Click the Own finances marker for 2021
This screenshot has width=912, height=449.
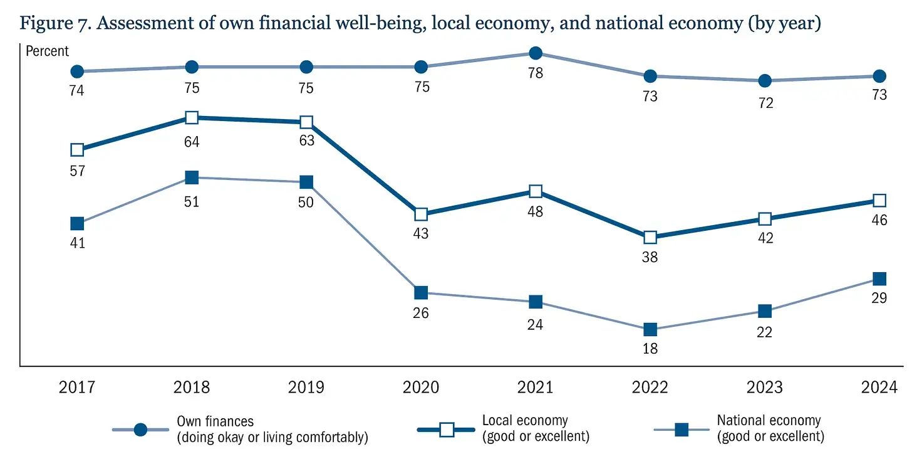pyautogui.click(x=536, y=53)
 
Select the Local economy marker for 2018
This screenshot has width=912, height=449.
pyautogui.click(x=192, y=118)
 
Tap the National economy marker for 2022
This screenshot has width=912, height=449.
pyautogui.click(x=650, y=330)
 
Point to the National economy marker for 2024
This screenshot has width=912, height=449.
pyautogui.click(x=879, y=279)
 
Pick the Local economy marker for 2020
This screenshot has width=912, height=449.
pyautogui.click(x=421, y=214)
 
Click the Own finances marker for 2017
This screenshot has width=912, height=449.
pyautogui.click(x=77, y=71)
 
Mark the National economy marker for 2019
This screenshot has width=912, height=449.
pyautogui.click(x=306, y=182)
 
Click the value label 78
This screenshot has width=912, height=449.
pyautogui.click(x=536, y=73)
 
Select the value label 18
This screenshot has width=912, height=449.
pyautogui.click(x=650, y=349)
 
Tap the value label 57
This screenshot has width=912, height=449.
pyautogui.click(x=77, y=170)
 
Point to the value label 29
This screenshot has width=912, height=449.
pyautogui.click(x=879, y=298)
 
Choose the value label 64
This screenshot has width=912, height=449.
pyautogui.click(x=192, y=142)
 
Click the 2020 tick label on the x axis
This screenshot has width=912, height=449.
pyautogui.click(x=421, y=387)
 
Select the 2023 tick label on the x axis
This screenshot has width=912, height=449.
pyautogui.click(x=765, y=387)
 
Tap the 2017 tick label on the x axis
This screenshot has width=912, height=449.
pyautogui.click(x=77, y=387)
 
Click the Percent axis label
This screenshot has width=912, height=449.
pyautogui.click(x=48, y=51)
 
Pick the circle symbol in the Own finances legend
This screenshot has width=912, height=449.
pyautogui.click(x=140, y=430)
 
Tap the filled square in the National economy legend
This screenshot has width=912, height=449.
pyautogui.click(x=681, y=430)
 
